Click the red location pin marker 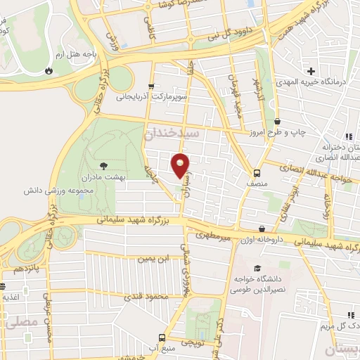(x=181, y=165)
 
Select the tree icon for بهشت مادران (x=104, y=167)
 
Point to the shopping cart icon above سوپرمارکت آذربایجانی (x=151, y=86)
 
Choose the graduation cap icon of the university (x=258, y=269)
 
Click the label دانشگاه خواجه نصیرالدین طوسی (x=258, y=284)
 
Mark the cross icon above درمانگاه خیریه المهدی (x=311, y=70)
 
